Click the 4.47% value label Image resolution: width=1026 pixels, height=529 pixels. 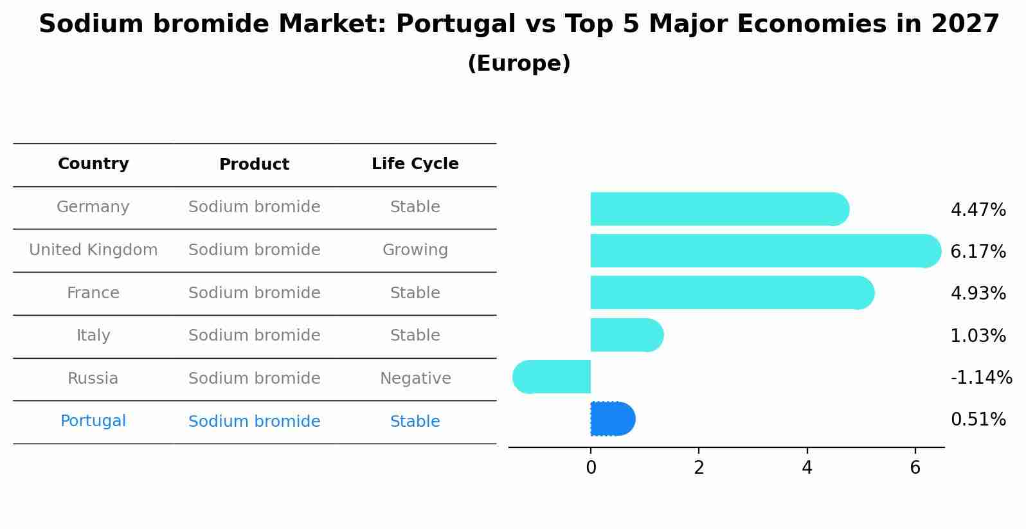[978, 210]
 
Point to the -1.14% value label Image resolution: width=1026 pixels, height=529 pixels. [981, 377]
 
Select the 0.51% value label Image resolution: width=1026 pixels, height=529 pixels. [978, 420]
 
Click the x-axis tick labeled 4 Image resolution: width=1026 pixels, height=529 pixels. [807, 468]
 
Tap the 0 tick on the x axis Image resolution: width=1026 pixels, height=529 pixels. [591, 468]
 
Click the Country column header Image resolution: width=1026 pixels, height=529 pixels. [93, 164]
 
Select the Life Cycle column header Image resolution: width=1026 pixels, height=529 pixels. [415, 164]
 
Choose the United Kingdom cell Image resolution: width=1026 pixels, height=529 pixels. [93, 250]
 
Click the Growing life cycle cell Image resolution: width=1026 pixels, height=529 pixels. [415, 250]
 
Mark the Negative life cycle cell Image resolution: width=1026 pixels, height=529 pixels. [415, 379]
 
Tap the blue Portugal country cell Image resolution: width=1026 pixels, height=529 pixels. [93, 421]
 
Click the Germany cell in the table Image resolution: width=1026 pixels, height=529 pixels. [93, 207]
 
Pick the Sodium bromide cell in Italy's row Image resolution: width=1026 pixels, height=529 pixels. [254, 336]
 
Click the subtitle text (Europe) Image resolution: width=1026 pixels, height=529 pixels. [519, 64]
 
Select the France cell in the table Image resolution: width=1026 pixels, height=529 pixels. [93, 293]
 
